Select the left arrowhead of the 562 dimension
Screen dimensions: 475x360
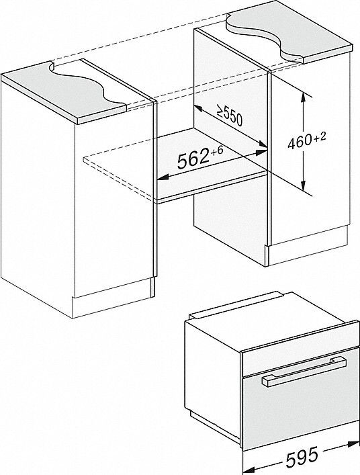click(x=161, y=179)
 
